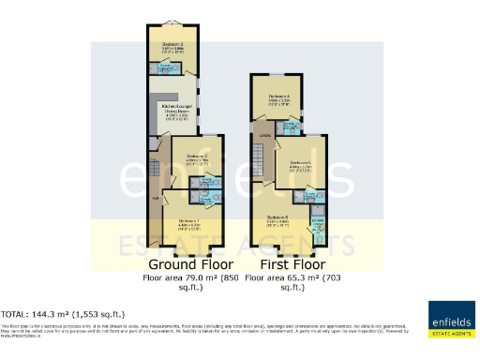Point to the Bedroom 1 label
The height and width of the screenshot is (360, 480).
pos(189,221)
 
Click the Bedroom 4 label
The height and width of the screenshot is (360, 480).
pos(279,97)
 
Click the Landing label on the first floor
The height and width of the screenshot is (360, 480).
pos(266,138)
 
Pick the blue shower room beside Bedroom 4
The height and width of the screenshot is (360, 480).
pos(292,127)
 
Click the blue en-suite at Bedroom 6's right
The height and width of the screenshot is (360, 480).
pos(318,228)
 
